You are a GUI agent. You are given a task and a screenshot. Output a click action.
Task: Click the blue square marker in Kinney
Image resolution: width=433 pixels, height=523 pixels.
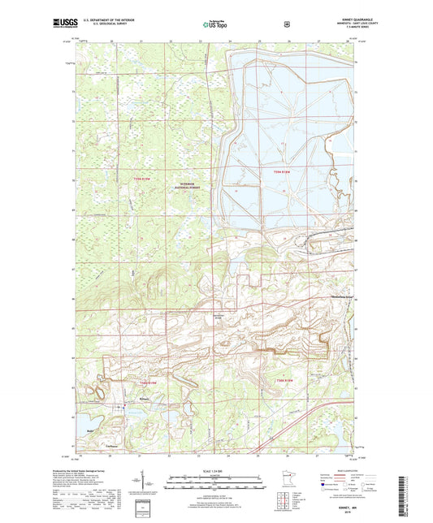(124, 407)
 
